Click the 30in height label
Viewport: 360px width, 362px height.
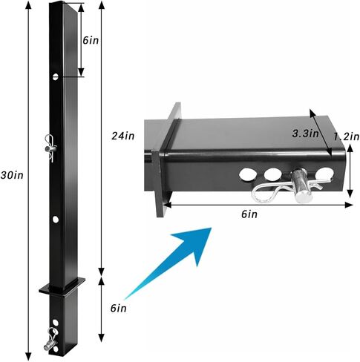coord(12,175)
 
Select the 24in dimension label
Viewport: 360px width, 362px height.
coord(123,136)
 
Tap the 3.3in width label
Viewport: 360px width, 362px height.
coord(305,134)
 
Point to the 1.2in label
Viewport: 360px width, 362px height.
coord(346,136)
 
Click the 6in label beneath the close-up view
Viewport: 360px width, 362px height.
coord(249,214)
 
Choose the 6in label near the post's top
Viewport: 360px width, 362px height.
coord(91,40)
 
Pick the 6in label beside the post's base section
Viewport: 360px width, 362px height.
coord(118,309)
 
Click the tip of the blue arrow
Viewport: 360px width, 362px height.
coord(212,228)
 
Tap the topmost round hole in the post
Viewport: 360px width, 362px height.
coord(56,77)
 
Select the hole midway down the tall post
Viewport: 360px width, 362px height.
coord(56,220)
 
